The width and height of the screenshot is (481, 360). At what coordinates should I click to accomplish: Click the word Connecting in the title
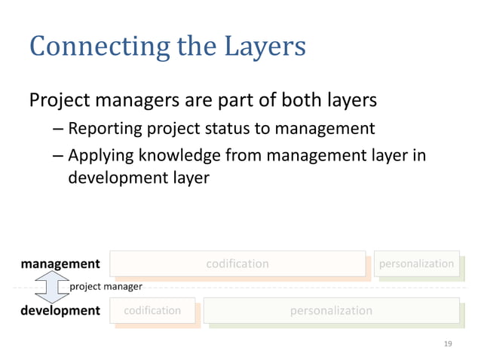(99, 47)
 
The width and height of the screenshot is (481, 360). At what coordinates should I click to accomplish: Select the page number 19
(448, 343)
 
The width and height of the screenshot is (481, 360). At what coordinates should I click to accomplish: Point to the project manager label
(106, 287)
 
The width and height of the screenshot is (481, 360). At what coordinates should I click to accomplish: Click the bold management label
(60, 264)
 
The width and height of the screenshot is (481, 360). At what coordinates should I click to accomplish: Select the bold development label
(60, 310)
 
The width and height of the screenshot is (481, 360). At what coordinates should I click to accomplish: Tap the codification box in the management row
(237, 264)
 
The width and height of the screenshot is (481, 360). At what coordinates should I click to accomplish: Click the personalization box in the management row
(416, 264)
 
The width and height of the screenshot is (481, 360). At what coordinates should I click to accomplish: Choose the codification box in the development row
(152, 310)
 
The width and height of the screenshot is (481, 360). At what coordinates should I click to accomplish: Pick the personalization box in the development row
(331, 310)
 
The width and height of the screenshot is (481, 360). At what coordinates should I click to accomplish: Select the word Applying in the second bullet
(98, 156)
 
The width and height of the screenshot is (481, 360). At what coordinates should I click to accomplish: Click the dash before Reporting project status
(58, 129)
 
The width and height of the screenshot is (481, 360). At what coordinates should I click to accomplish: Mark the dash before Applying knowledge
(58, 156)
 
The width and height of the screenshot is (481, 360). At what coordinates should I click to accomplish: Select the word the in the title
(194, 47)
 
